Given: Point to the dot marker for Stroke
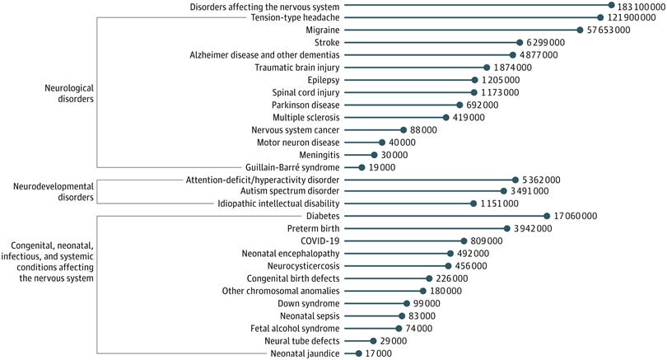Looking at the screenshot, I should (520, 42).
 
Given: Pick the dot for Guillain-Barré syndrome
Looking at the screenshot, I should (361, 167).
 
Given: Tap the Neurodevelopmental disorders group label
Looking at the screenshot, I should (48, 192).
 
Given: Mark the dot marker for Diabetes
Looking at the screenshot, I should (547, 216).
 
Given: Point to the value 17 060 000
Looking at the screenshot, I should (575, 216).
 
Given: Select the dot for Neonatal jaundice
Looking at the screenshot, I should (358, 353).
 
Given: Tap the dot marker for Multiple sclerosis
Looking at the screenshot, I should (445, 117).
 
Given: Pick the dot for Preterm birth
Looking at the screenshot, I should (506, 229).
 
